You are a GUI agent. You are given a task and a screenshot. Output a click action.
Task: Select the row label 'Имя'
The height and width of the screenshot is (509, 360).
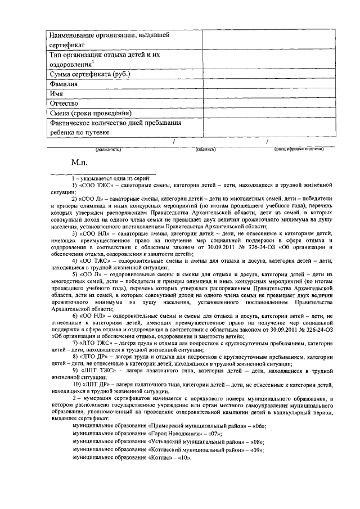(57, 93)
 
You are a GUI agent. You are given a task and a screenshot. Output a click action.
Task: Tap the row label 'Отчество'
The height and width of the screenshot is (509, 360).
(63, 103)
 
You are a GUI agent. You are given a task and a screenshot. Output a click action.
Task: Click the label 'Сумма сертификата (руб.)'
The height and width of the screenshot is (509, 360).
(90, 74)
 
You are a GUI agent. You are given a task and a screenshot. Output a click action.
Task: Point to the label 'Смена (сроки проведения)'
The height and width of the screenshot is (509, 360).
(91, 113)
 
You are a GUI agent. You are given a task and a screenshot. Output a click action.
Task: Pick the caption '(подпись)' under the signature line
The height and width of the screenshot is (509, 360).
(206, 150)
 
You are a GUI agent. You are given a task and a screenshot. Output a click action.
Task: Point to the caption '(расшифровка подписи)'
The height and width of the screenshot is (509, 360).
(298, 150)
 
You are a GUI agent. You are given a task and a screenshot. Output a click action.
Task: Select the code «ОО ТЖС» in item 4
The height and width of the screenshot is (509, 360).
(97, 262)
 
